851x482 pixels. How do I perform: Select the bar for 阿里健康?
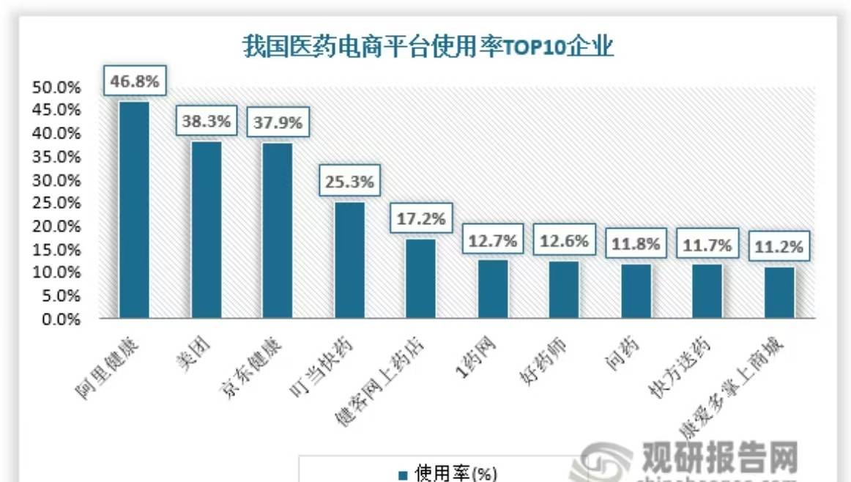[x=134, y=210]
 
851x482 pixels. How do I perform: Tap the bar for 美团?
[x=206, y=229]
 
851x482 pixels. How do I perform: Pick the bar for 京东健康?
[x=278, y=231]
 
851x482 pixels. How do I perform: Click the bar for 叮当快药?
[x=349, y=260]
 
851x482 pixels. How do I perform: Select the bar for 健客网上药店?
[x=421, y=278]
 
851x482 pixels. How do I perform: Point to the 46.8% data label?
[x=135, y=81]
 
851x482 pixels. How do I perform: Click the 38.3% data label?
[x=207, y=122]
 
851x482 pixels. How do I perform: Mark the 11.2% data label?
[x=779, y=247]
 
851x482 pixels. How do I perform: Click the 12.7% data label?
[x=493, y=240]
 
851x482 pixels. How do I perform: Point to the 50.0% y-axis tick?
[x=56, y=87]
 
